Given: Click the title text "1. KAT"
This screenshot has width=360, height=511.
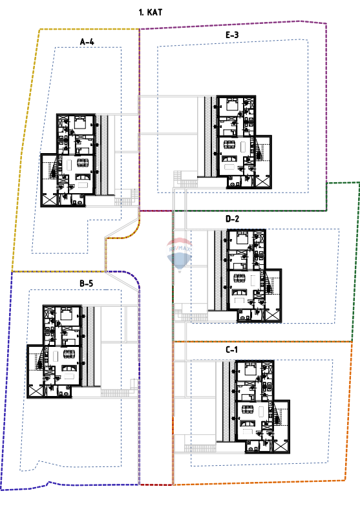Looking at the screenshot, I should pyautogui.click(x=150, y=12).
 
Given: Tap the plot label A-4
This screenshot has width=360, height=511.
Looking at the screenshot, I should pyautogui.click(x=87, y=42).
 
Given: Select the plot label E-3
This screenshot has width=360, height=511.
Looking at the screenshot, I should pyautogui.click(x=233, y=35).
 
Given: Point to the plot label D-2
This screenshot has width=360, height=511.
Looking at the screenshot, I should pyautogui.click(x=233, y=220).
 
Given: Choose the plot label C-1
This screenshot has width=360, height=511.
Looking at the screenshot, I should pyautogui.click(x=233, y=349).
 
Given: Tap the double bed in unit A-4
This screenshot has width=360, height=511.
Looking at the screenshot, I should pyautogui.click(x=80, y=121).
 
